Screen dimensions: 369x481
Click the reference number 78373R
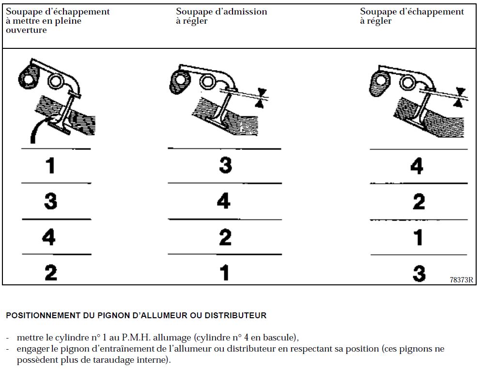coord(461,280)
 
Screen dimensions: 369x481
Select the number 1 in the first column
coord(50,166)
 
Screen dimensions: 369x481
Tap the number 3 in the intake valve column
coord(225,165)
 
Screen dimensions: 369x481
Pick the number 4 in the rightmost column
coord(417,166)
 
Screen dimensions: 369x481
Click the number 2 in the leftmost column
coord(50,272)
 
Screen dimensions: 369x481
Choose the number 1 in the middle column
coord(224,272)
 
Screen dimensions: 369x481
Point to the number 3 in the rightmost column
coord(419,273)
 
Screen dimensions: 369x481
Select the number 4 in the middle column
coord(223,200)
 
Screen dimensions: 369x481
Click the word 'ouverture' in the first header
coord(26,30)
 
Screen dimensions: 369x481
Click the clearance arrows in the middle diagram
coord(262,97)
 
